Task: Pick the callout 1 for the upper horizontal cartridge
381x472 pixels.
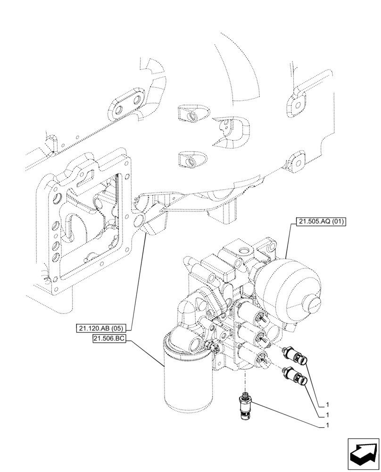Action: pos(327,405)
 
